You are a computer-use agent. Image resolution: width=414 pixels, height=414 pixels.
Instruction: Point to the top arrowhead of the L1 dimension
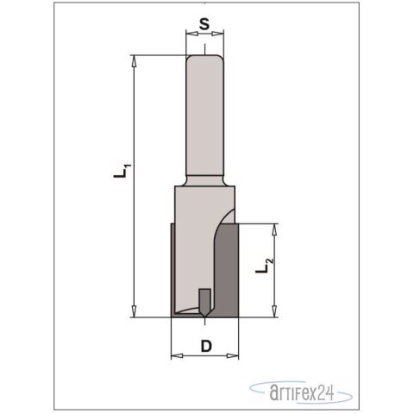point(135,59)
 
